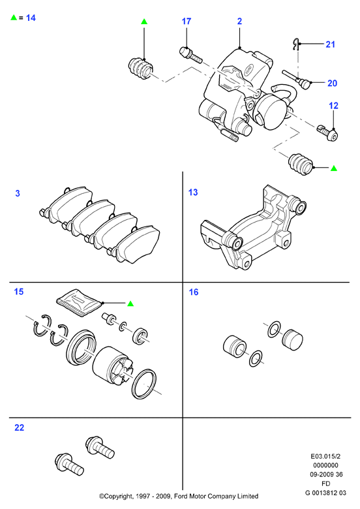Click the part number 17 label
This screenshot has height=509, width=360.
point(187,22)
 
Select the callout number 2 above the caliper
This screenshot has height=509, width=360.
point(240,22)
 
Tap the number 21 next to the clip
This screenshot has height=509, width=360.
point(330,44)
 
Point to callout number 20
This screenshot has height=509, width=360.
point(332,84)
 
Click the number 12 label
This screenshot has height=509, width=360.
point(333,106)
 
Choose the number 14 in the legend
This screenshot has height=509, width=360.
point(31,18)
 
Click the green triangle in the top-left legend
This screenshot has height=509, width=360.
point(14,18)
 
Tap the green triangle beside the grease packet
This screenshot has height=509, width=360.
point(130,303)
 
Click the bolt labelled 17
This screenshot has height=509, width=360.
point(190,55)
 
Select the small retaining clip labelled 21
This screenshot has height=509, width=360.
point(295,44)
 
